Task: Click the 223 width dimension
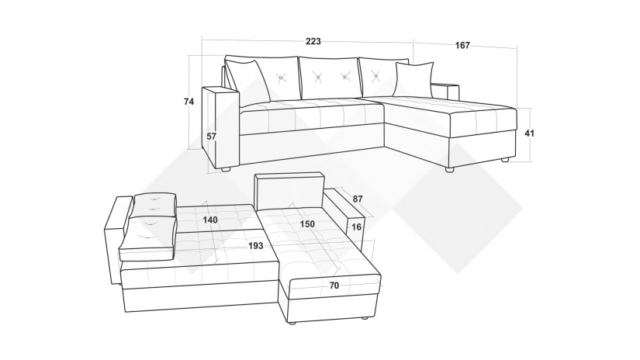point(313,41)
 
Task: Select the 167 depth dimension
point(462,45)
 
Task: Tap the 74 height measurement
point(189,102)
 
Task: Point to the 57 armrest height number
point(211,137)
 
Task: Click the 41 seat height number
point(529,133)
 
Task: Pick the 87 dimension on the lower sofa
point(358,199)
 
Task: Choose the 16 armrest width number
point(356,227)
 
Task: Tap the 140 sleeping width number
point(210,220)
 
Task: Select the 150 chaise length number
point(307,224)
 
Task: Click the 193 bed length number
point(256,246)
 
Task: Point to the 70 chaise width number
point(334,286)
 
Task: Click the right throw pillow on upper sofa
point(414,80)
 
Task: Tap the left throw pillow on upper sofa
point(248,81)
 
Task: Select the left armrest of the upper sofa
point(220,126)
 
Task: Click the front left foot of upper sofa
point(224,168)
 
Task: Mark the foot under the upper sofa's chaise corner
point(449,169)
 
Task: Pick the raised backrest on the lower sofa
point(289,191)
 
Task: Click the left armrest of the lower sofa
point(117,240)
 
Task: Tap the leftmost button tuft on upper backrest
point(280,77)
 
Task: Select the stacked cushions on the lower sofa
point(149,227)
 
